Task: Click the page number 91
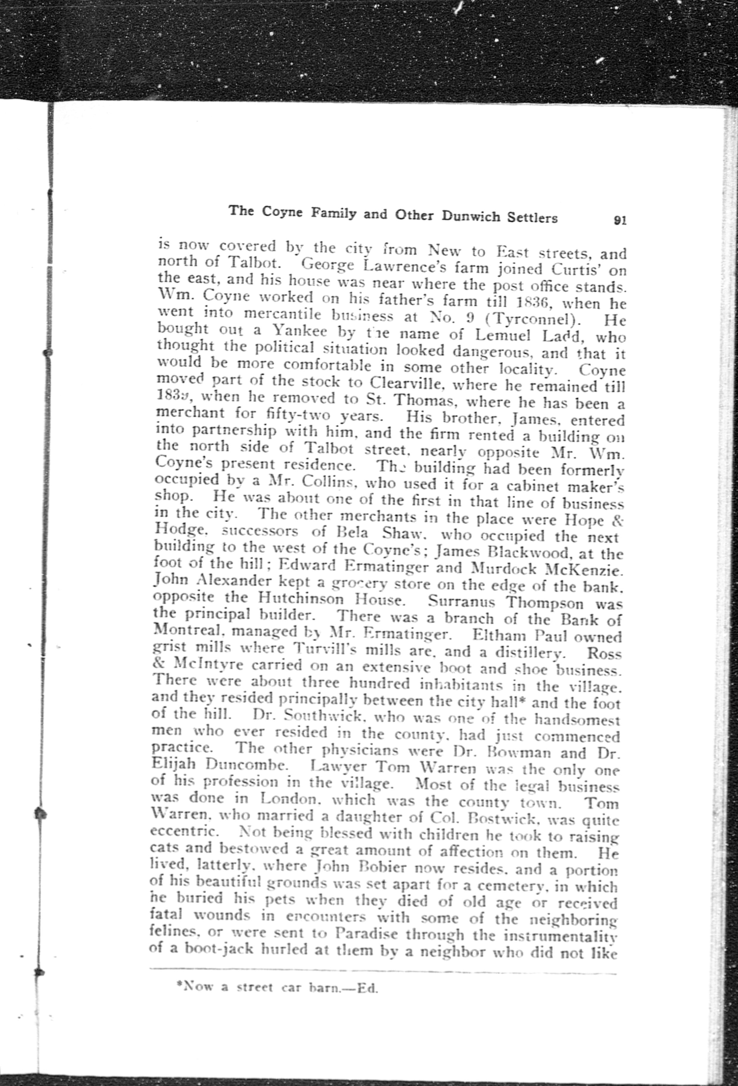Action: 620,221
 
